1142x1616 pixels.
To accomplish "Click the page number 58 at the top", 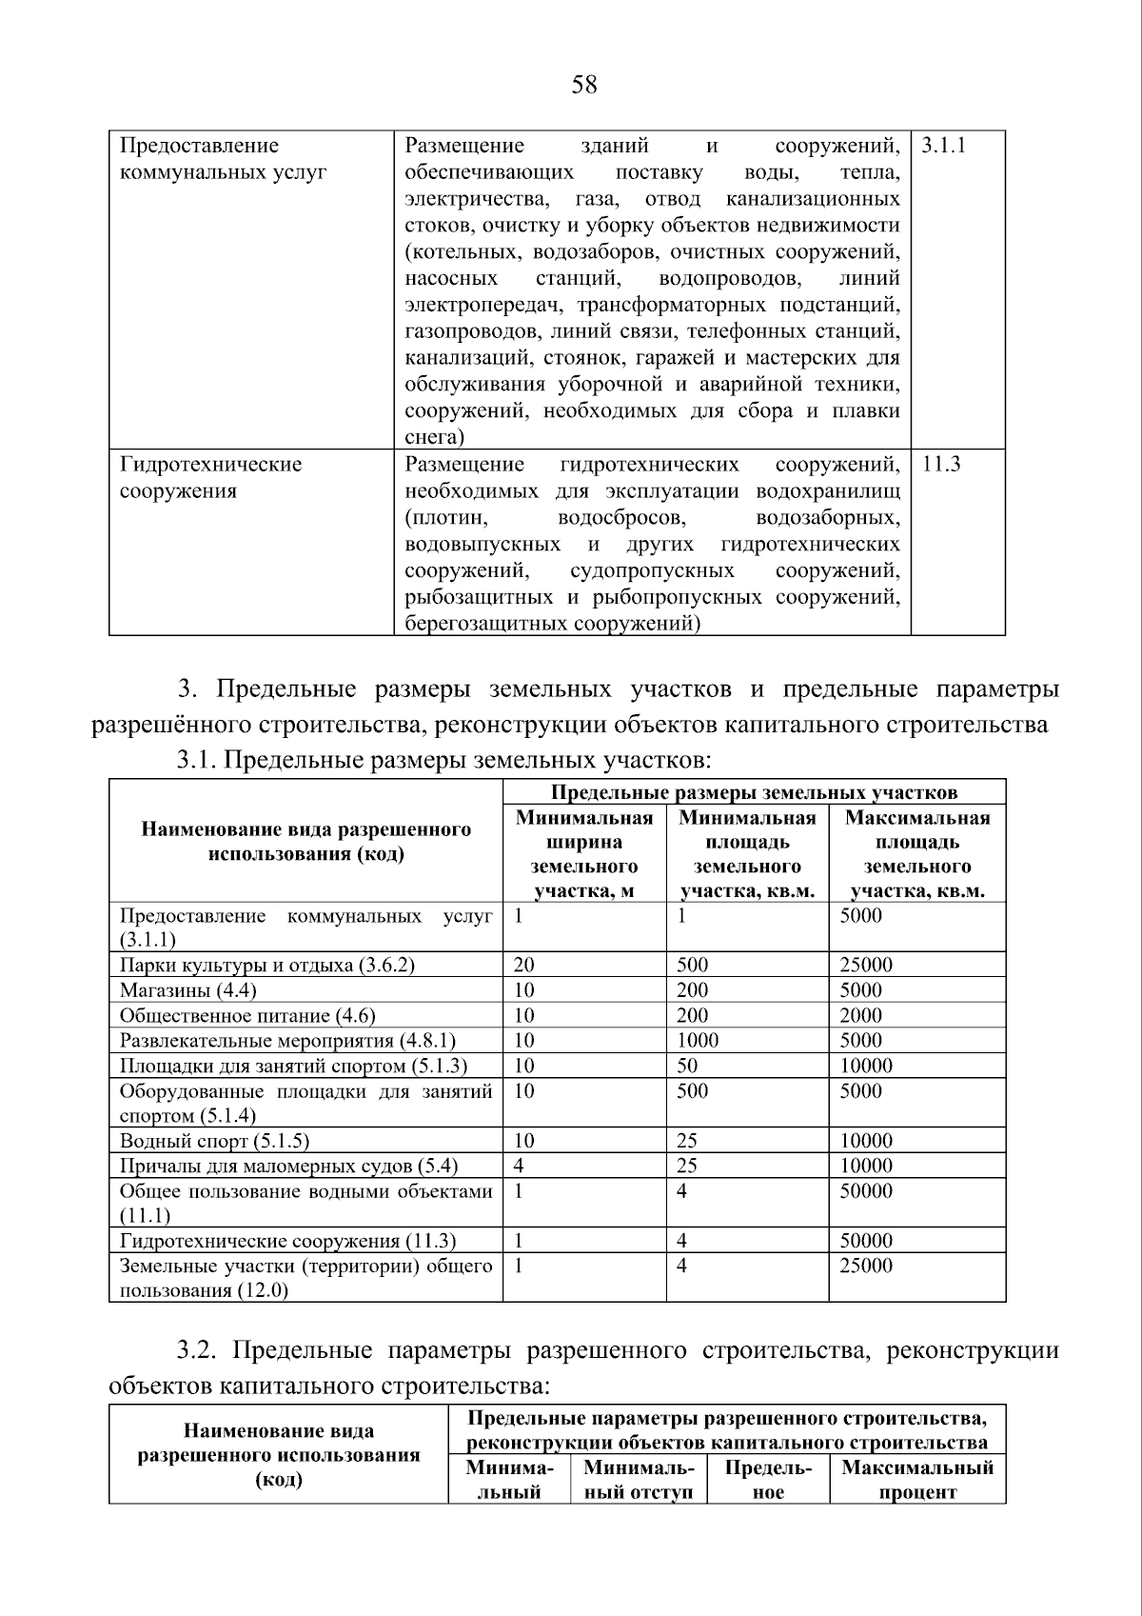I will [584, 86].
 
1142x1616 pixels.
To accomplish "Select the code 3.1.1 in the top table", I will [944, 146].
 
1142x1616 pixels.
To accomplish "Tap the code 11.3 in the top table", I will [941, 465].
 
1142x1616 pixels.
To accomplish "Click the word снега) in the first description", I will [434, 438].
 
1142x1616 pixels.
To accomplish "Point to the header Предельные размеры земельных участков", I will [754, 792].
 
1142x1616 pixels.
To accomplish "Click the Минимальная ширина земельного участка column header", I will [584, 854].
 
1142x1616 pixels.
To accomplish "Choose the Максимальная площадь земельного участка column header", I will [917, 854].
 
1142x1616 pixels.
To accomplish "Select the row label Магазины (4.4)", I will [187, 990].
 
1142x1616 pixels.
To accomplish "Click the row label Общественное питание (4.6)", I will [247, 1016].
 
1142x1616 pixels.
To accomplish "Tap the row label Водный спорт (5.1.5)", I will [214, 1141].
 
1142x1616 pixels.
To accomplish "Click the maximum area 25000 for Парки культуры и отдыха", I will [866, 965].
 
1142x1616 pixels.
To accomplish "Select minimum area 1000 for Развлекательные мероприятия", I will [698, 1041].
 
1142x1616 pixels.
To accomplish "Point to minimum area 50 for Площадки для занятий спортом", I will [687, 1066].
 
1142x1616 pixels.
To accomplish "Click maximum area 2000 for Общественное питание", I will [861, 1016].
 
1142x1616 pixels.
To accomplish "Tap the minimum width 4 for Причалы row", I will [519, 1166].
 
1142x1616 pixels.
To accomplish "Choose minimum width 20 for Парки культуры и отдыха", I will [523, 965].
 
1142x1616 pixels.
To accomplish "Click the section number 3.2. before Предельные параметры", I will [199, 1351].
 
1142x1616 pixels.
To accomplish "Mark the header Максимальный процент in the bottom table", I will [917, 1479].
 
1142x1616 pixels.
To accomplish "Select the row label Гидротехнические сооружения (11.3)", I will [287, 1241].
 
